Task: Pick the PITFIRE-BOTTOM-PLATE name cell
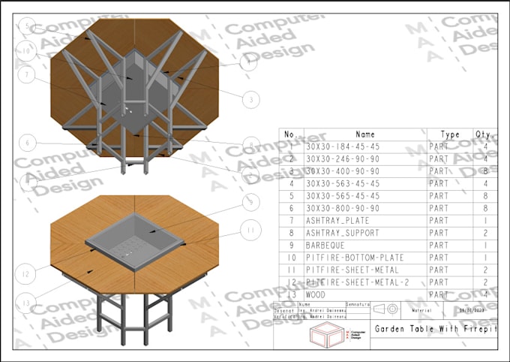[x=352, y=258]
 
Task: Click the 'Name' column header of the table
[x=365, y=134]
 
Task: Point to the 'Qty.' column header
[x=482, y=134]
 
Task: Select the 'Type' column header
[x=449, y=134]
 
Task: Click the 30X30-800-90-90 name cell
[x=342, y=208]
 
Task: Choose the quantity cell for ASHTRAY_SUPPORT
[x=485, y=233]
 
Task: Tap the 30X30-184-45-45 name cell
[x=342, y=146]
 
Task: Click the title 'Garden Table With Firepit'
[x=436, y=329]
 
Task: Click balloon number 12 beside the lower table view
[x=26, y=275]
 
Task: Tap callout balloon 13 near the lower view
[x=28, y=303]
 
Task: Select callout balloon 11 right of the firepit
[x=252, y=228]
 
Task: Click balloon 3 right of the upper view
[x=252, y=98]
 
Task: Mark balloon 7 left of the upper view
[x=28, y=75]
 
